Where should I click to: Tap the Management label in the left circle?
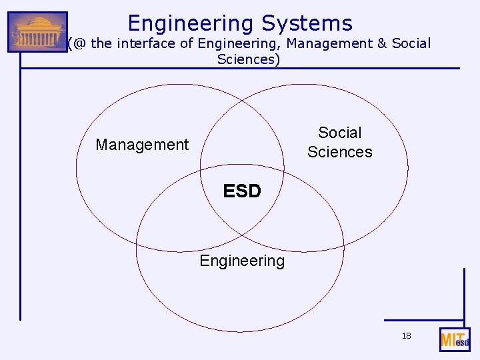click(x=142, y=145)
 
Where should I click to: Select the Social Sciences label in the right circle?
click(x=340, y=142)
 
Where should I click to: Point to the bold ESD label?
click(x=242, y=192)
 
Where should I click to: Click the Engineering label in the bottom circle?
click(x=242, y=261)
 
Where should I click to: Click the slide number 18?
click(x=406, y=336)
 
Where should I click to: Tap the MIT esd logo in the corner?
click(x=455, y=340)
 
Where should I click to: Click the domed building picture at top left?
click(x=37, y=32)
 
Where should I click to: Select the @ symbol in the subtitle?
click(x=80, y=44)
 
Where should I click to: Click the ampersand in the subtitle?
click(x=382, y=44)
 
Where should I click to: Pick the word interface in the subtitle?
click(x=144, y=44)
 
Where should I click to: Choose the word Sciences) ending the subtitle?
click(x=249, y=59)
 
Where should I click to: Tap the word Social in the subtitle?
click(x=411, y=44)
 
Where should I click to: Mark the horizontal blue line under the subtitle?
click(x=267, y=68)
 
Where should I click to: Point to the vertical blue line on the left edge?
click(x=20, y=200)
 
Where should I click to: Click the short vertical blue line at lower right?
click(x=463, y=293)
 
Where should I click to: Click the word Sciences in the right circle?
click(x=340, y=152)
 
